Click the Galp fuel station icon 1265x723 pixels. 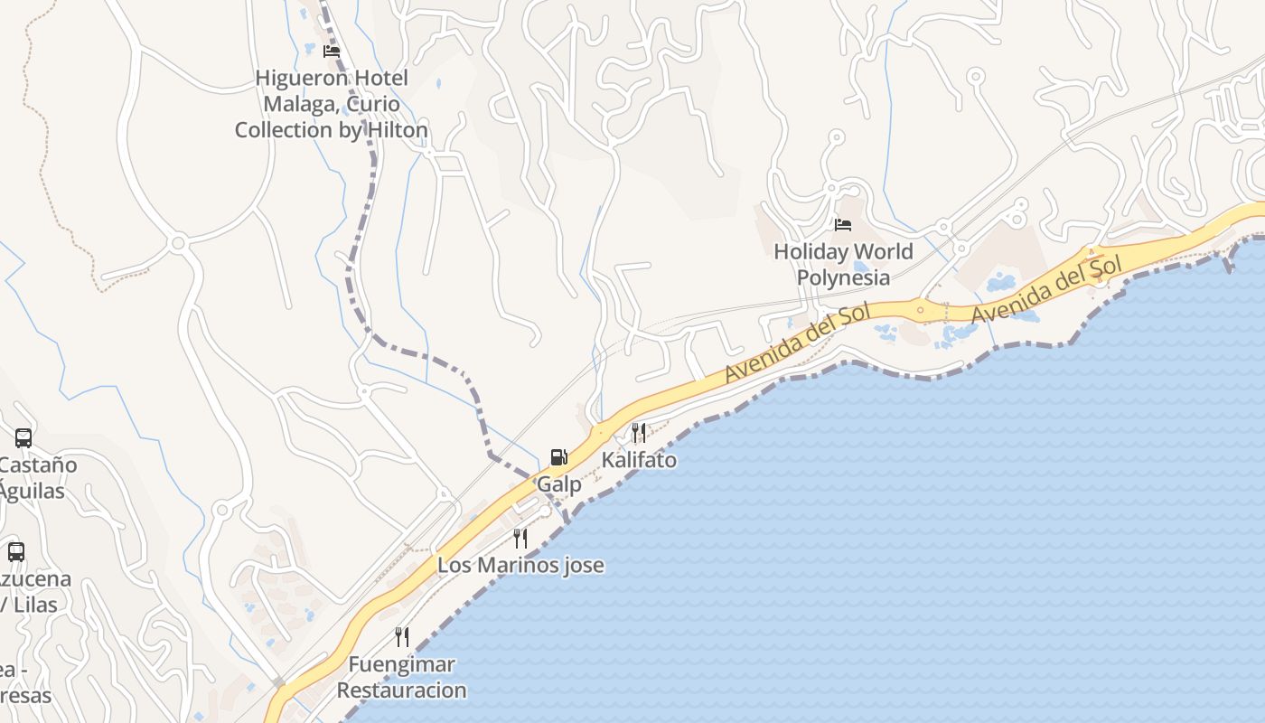(559, 457)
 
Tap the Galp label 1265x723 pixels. (559, 484)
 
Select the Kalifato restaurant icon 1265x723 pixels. (639, 432)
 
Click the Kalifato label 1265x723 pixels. (639, 460)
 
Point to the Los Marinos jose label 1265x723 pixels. (520, 566)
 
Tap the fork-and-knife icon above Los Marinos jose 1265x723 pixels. (520, 539)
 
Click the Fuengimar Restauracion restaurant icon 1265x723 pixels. (402, 637)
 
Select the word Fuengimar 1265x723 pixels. (402, 664)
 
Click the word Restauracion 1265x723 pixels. (402, 690)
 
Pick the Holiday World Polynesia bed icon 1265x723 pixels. (843, 224)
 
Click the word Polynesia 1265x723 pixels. (843, 277)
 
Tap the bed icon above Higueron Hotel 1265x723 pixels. (332, 52)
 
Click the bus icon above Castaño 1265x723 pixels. (23, 438)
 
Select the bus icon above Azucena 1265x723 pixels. (16, 551)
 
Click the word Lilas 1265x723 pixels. (42, 605)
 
